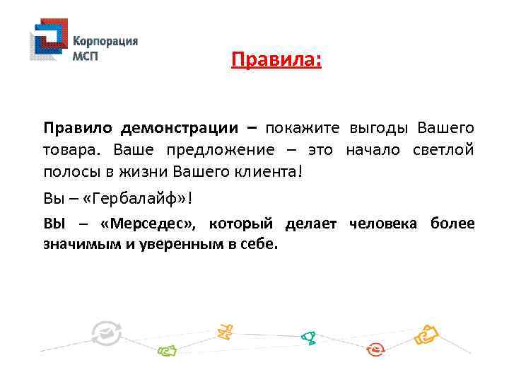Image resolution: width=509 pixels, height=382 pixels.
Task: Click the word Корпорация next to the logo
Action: (105, 41)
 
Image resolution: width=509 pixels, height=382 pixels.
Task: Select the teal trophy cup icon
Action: (308, 337)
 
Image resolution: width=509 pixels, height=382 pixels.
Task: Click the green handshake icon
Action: (167, 349)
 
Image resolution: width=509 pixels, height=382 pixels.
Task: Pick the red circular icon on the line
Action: (376, 349)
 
